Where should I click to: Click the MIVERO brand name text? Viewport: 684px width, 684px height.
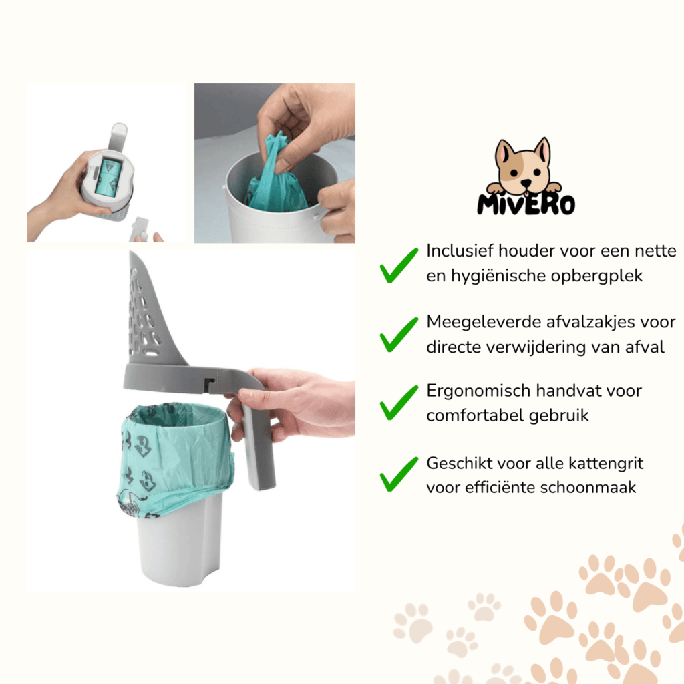pos(526,203)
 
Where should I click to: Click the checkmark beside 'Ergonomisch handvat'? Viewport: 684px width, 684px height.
pos(398,403)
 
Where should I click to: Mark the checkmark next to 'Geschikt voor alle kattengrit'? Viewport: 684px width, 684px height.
pos(398,474)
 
